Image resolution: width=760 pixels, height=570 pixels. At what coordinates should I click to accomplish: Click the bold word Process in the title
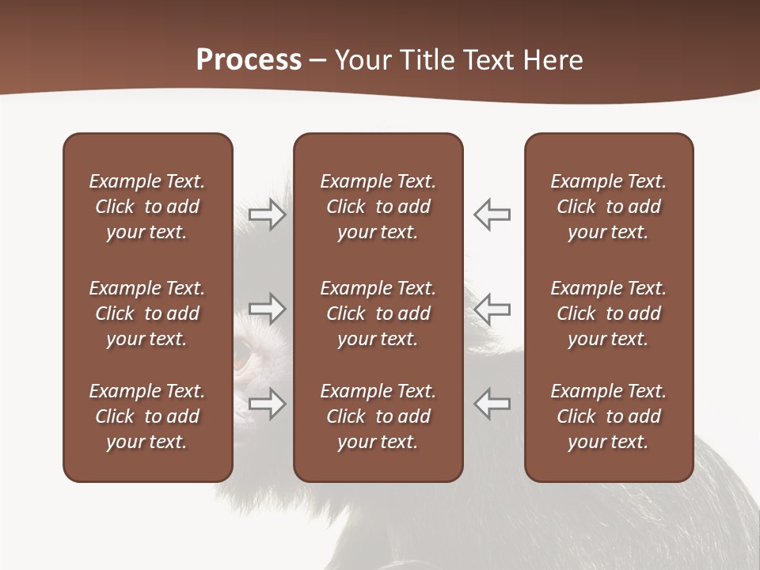[x=249, y=60]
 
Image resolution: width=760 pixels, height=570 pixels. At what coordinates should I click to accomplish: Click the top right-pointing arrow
[x=268, y=215]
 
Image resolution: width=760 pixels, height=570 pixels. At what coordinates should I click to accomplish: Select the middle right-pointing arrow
[x=268, y=309]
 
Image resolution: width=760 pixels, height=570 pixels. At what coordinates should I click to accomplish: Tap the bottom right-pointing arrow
[x=268, y=404]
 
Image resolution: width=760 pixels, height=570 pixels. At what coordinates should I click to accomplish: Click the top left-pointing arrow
[x=492, y=215]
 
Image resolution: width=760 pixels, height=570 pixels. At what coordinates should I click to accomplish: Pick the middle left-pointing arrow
[x=492, y=309]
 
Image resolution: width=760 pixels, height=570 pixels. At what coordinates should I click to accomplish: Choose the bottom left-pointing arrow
[x=492, y=404]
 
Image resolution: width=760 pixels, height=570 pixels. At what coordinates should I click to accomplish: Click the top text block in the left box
[x=147, y=207]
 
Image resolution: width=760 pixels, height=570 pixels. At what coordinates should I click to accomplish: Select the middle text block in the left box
[x=147, y=313]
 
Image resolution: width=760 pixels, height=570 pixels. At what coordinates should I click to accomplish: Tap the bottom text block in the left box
[x=147, y=416]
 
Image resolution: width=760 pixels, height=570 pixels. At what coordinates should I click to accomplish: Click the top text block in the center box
[x=378, y=207]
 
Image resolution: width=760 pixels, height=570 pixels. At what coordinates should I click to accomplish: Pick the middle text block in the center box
[x=378, y=313]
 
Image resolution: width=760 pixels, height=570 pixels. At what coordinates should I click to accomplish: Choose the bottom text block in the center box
[x=378, y=416]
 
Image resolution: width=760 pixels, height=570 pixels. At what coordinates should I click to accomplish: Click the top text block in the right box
[x=608, y=207]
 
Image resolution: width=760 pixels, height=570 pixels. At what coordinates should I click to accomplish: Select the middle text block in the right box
[x=608, y=313]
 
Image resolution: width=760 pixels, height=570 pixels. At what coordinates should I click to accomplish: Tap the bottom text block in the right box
[x=608, y=416]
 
